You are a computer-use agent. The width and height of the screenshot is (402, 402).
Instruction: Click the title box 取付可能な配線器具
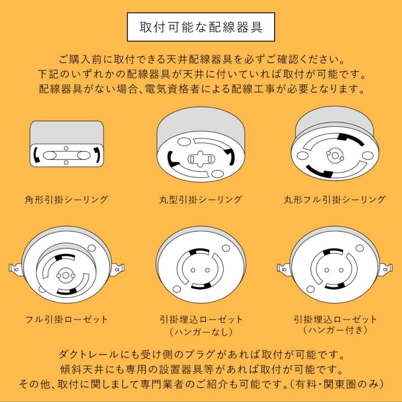201,27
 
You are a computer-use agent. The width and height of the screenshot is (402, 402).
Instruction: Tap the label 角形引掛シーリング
66,200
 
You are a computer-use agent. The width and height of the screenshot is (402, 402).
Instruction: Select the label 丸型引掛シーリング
201,200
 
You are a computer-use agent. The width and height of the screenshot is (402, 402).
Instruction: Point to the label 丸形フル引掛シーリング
334,200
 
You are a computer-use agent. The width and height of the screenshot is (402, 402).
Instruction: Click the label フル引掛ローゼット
67,319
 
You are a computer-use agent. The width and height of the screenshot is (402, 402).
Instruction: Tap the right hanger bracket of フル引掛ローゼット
118,268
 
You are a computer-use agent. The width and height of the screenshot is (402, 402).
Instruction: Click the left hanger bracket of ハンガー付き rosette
284,268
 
